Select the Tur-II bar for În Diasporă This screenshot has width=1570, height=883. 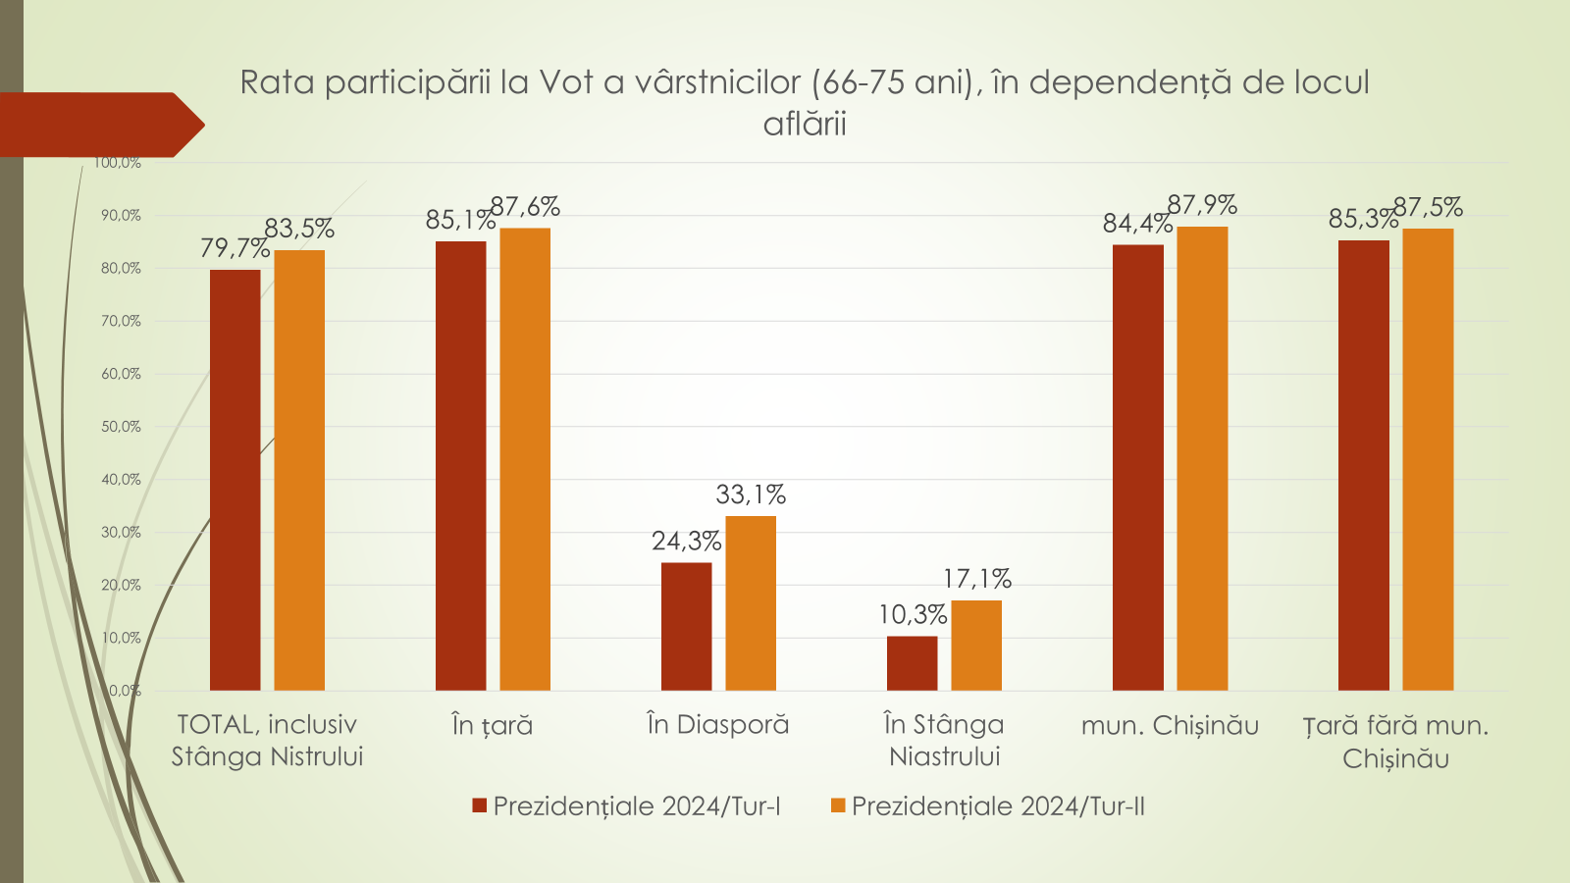pyautogui.click(x=751, y=603)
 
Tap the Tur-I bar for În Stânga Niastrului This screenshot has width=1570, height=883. pyautogui.click(x=912, y=663)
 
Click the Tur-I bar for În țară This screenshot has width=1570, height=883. pyautogui.click(x=460, y=466)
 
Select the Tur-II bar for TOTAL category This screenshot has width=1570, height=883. pyautogui.click(x=299, y=470)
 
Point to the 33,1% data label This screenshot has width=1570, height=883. pyautogui.click(x=751, y=494)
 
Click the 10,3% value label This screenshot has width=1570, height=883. pyautogui.click(x=913, y=615)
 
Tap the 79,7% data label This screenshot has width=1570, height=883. pyautogui.click(x=235, y=248)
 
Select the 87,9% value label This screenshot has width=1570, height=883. pyautogui.click(x=1202, y=205)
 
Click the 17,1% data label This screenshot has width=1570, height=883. pyautogui.click(x=976, y=579)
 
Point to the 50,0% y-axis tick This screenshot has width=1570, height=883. pyautogui.click(x=121, y=427)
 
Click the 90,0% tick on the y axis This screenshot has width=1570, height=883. pyautogui.click(x=121, y=216)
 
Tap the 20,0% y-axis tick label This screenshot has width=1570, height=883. pyautogui.click(x=121, y=586)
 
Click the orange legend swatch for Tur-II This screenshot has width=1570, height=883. pyautogui.click(x=838, y=805)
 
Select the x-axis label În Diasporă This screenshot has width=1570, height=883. pyautogui.click(x=718, y=725)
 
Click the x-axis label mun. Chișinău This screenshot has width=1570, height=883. pyautogui.click(x=1170, y=726)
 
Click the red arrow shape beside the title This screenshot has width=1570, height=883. pyautogui.click(x=98, y=125)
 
